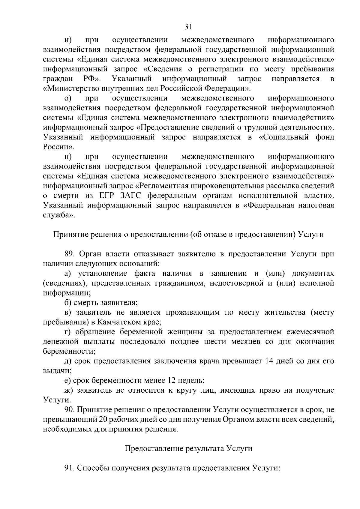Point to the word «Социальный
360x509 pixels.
point(284,137)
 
